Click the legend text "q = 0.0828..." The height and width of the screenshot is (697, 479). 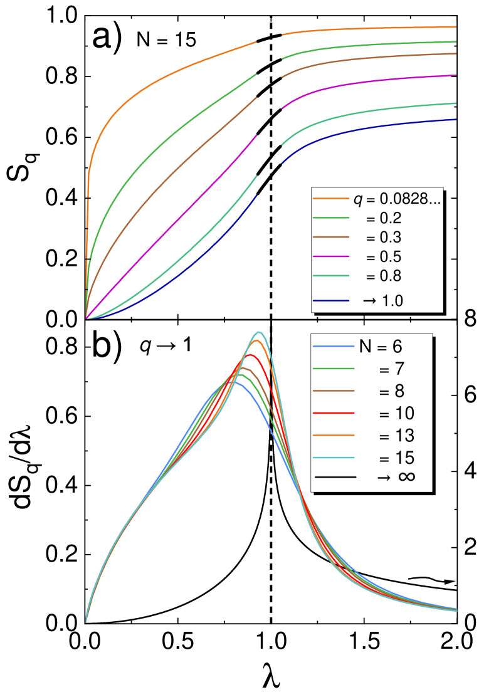point(397,199)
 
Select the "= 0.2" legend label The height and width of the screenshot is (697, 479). point(383,219)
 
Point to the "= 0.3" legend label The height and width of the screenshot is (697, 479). point(383,238)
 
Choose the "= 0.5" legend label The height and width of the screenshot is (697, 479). point(383,257)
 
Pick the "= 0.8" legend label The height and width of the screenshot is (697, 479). point(383,276)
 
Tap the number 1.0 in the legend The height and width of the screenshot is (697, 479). point(392,301)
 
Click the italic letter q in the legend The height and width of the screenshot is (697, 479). point(357,200)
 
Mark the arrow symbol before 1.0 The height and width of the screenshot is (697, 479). point(369,301)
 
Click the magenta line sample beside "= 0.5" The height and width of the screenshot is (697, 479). point(330,256)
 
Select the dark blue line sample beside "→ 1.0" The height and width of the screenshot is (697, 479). point(330,301)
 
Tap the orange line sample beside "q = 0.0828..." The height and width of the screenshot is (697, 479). point(330,199)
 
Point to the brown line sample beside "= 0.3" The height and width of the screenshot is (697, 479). point(330,238)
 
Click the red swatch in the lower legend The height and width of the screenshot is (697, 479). point(334,413)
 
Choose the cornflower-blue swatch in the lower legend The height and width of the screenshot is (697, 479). point(334,346)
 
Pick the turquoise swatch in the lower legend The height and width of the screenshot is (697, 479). point(334,458)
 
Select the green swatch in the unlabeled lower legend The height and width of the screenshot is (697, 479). point(334,369)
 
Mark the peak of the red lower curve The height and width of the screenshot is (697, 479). point(251,355)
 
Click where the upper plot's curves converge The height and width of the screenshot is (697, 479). point(87,318)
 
